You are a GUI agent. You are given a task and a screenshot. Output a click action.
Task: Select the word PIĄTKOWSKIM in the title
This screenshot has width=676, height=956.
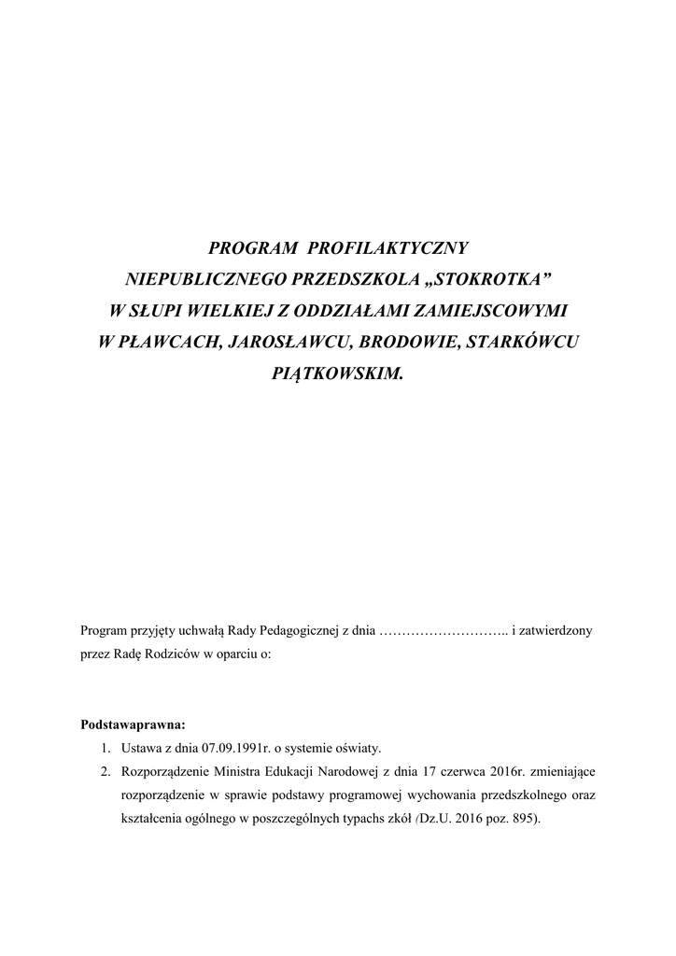click(x=337, y=372)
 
